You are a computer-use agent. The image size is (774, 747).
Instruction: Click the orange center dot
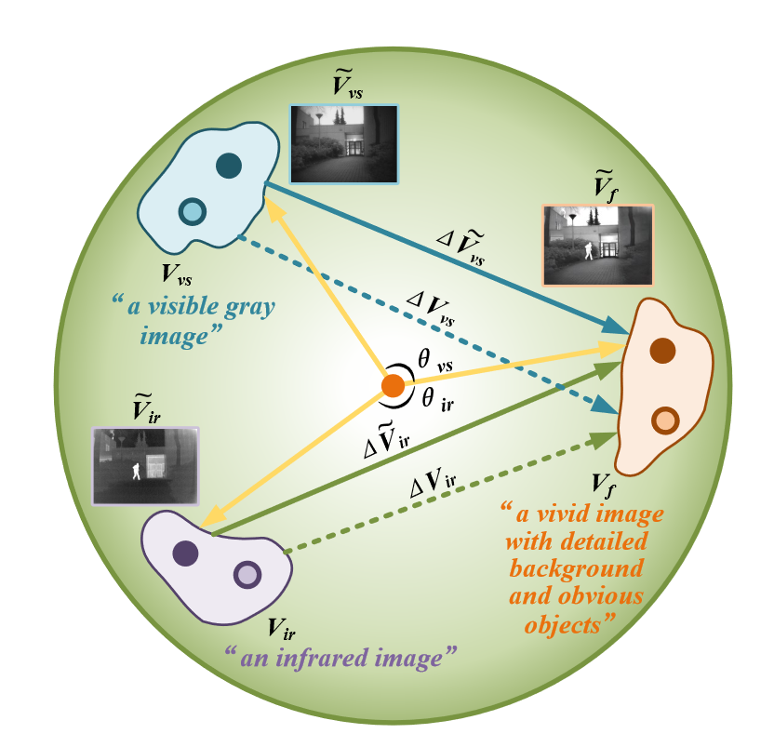393,385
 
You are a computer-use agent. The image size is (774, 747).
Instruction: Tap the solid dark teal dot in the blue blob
229,166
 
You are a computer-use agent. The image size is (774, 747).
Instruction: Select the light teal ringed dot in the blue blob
193,211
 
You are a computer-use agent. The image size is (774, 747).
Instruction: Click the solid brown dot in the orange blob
662,351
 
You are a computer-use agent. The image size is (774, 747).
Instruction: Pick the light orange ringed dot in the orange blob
664,420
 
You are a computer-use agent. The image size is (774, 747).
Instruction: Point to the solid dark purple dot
185,554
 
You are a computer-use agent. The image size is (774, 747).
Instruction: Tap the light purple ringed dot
247,574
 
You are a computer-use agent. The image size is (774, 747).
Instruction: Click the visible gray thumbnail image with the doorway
344,143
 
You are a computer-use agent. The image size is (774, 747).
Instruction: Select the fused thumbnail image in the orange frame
598,245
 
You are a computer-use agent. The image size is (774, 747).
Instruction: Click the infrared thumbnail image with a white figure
144,465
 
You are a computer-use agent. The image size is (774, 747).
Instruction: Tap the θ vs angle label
434,363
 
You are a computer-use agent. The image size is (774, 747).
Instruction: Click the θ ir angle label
440,400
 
